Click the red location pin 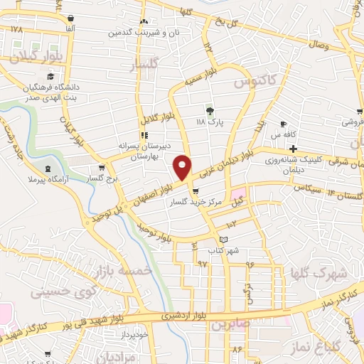183,167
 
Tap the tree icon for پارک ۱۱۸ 209,111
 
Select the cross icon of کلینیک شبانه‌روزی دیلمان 292,149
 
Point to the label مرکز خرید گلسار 196,202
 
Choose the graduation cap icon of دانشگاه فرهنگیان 50,77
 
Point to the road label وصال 318,44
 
